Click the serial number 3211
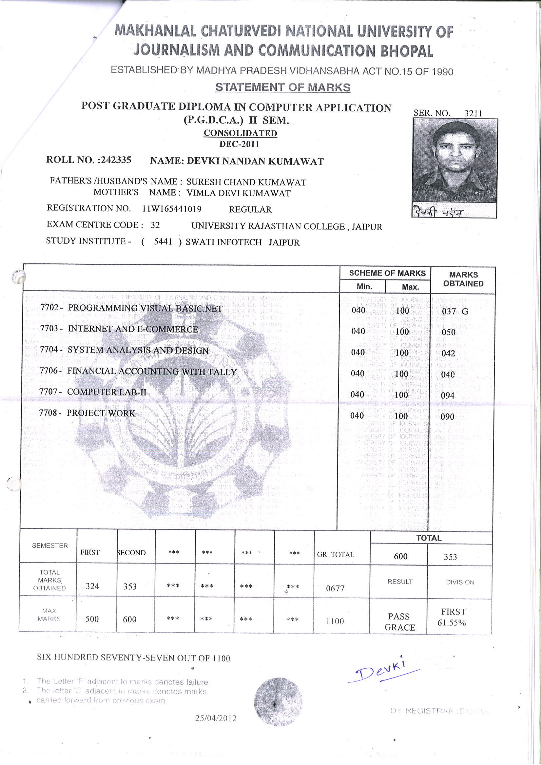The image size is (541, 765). pos(473,113)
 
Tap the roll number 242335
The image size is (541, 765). pos(116,160)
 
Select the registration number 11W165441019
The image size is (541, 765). pos(172,209)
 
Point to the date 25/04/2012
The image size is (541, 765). pos(216,718)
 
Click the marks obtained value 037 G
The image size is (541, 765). pos(455,312)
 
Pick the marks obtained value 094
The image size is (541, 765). pos(447,395)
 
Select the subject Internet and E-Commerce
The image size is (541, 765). pos(133,329)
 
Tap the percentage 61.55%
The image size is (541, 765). pos(451,623)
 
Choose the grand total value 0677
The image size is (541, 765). pos(335,588)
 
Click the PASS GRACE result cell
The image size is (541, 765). pos(399,622)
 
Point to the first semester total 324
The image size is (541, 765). pos(92,586)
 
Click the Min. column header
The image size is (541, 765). pos(364,287)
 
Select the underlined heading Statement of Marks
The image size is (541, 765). pos(283,87)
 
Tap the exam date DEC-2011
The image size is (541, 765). pos(239,144)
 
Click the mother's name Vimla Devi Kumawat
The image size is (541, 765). pos(238,193)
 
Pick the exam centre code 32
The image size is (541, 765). pos(155,225)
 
